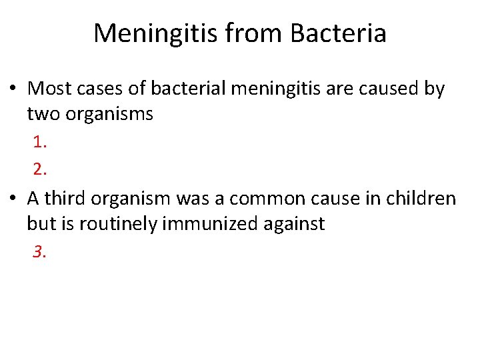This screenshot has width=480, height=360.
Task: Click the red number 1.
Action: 39,142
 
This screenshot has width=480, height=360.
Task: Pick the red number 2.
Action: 39,169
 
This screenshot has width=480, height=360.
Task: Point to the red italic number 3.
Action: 39,251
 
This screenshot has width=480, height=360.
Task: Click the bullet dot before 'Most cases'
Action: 15,89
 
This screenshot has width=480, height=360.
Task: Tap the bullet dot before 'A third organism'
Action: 15,199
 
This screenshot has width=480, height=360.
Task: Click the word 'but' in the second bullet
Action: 41,224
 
